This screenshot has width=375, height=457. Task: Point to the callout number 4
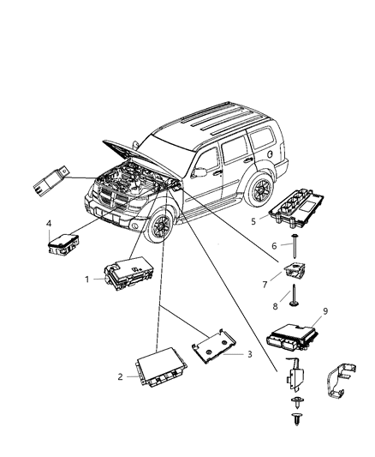pos(49,225)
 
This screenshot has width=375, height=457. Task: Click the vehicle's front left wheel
pos(159,230)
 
